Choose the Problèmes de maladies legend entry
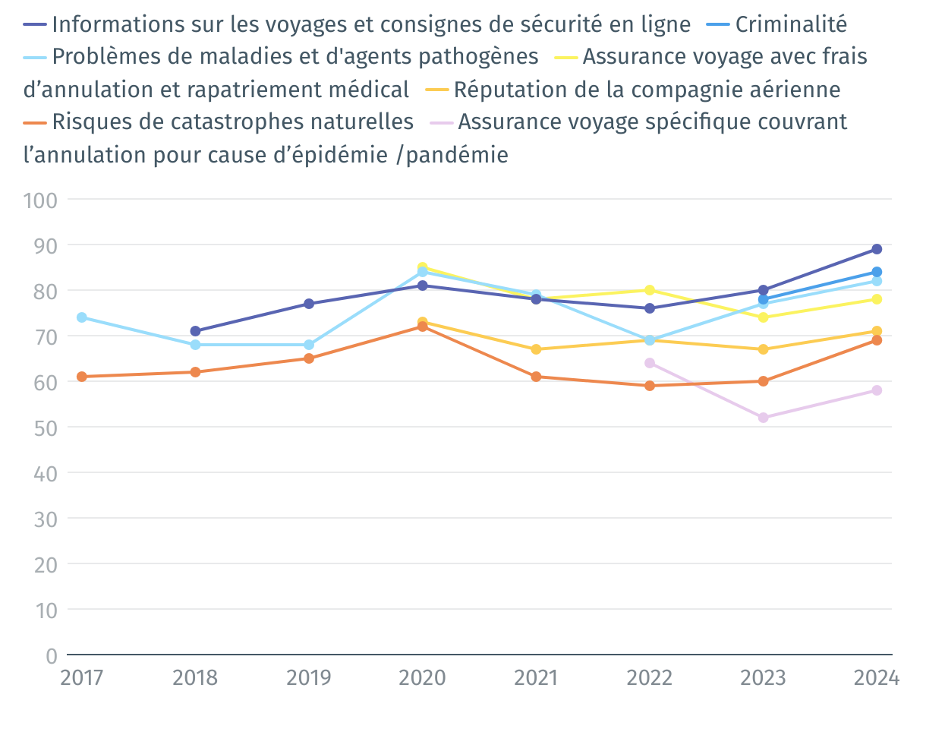pos(296,57)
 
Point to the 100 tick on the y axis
pos(40,200)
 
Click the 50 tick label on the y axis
pos(45,427)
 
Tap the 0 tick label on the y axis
pos(51,655)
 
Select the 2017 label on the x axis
pos(81,677)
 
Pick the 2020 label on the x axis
pos(422,677)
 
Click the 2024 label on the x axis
pos(876,677)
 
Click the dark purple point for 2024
pos(877,249)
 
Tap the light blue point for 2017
pos(81,317)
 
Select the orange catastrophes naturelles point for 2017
pos(81,377)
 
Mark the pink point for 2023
pos(763,418)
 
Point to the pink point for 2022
pos(650,363)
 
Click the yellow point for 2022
pos(650,290)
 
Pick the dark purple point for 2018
pos(195,331)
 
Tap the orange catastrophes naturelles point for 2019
pos(309,358)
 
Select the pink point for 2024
pos(877,390)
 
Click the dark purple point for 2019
pos(309,304)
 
